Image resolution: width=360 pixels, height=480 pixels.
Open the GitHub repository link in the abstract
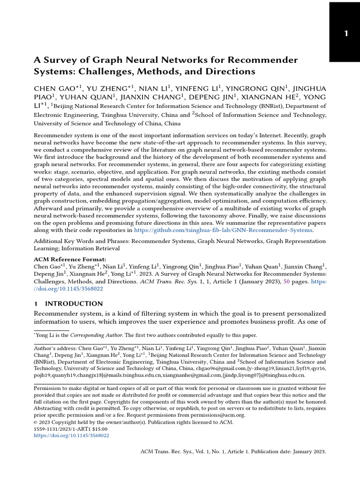click(x=223, y=230)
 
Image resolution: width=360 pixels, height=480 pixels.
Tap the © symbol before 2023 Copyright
click(x=36, y=422)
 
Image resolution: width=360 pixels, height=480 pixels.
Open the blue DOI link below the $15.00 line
click(x=71, y=435)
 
